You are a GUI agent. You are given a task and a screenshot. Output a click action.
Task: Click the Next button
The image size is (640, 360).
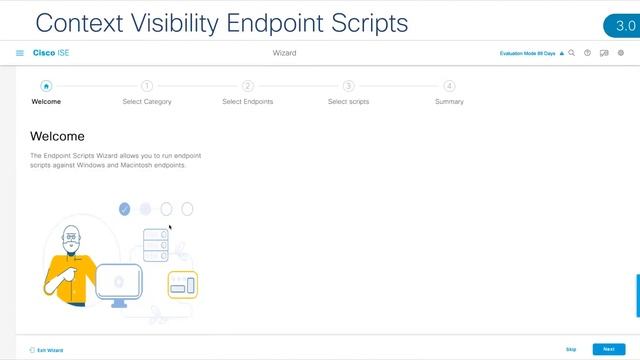608,349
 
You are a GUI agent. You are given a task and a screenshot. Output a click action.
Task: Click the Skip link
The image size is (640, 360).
571,349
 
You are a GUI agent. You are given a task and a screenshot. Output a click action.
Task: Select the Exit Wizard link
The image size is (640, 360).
46,350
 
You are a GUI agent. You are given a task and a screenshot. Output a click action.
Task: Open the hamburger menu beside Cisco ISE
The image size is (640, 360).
20,53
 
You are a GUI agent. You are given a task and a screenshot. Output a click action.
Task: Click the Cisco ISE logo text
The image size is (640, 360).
51,53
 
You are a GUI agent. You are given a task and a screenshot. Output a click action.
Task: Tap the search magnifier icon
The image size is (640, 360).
572,53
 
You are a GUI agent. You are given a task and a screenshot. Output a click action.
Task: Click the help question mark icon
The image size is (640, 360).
588,53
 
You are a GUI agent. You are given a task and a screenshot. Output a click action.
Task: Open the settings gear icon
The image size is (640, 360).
620,53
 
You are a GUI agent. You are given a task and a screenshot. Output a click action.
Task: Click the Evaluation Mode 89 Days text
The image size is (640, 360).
527,53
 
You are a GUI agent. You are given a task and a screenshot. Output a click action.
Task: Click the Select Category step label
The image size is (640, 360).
147,102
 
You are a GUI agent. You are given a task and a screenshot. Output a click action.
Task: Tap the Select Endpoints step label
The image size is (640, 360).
247,102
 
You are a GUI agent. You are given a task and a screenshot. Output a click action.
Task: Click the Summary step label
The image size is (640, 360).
449,102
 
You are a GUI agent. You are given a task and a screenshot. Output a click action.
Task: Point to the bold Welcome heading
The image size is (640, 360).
58,136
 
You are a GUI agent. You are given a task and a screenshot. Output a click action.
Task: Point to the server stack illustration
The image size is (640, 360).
154,245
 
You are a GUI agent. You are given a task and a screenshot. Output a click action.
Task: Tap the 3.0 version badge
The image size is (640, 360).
621,25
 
